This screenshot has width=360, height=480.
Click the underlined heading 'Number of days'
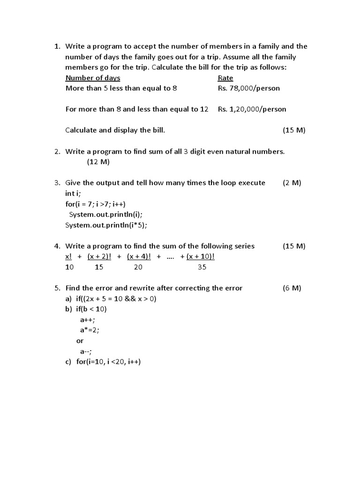(x=93, y=78)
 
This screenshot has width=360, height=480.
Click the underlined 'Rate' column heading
(x=225, y=78)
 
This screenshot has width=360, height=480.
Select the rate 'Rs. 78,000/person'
(x=249, y=88)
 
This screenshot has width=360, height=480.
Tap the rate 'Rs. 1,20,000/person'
(x=252, y=109)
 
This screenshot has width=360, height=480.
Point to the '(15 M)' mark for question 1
(x=294, y=130)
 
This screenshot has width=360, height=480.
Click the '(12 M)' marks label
(x=98, y=162)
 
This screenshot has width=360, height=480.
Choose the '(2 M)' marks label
(x=292, y=183)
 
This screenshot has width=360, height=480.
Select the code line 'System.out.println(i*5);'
(x=106, y=225)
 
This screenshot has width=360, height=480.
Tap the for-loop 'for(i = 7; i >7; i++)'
(x=96, y=204)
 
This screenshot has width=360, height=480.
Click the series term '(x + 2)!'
(x=99, y=256)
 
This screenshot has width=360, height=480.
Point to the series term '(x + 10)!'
(x=201, y=256)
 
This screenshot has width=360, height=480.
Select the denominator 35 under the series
(x=202, y=267)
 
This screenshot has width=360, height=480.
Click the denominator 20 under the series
(x=138, y=267)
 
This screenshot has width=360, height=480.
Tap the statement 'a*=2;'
(x=90, y=330)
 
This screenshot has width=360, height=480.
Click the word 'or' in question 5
(x=80, y=341)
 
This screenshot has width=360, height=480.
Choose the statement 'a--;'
(x=86, y=351)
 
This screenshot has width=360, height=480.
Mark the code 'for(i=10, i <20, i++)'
(x=108, y=362)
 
